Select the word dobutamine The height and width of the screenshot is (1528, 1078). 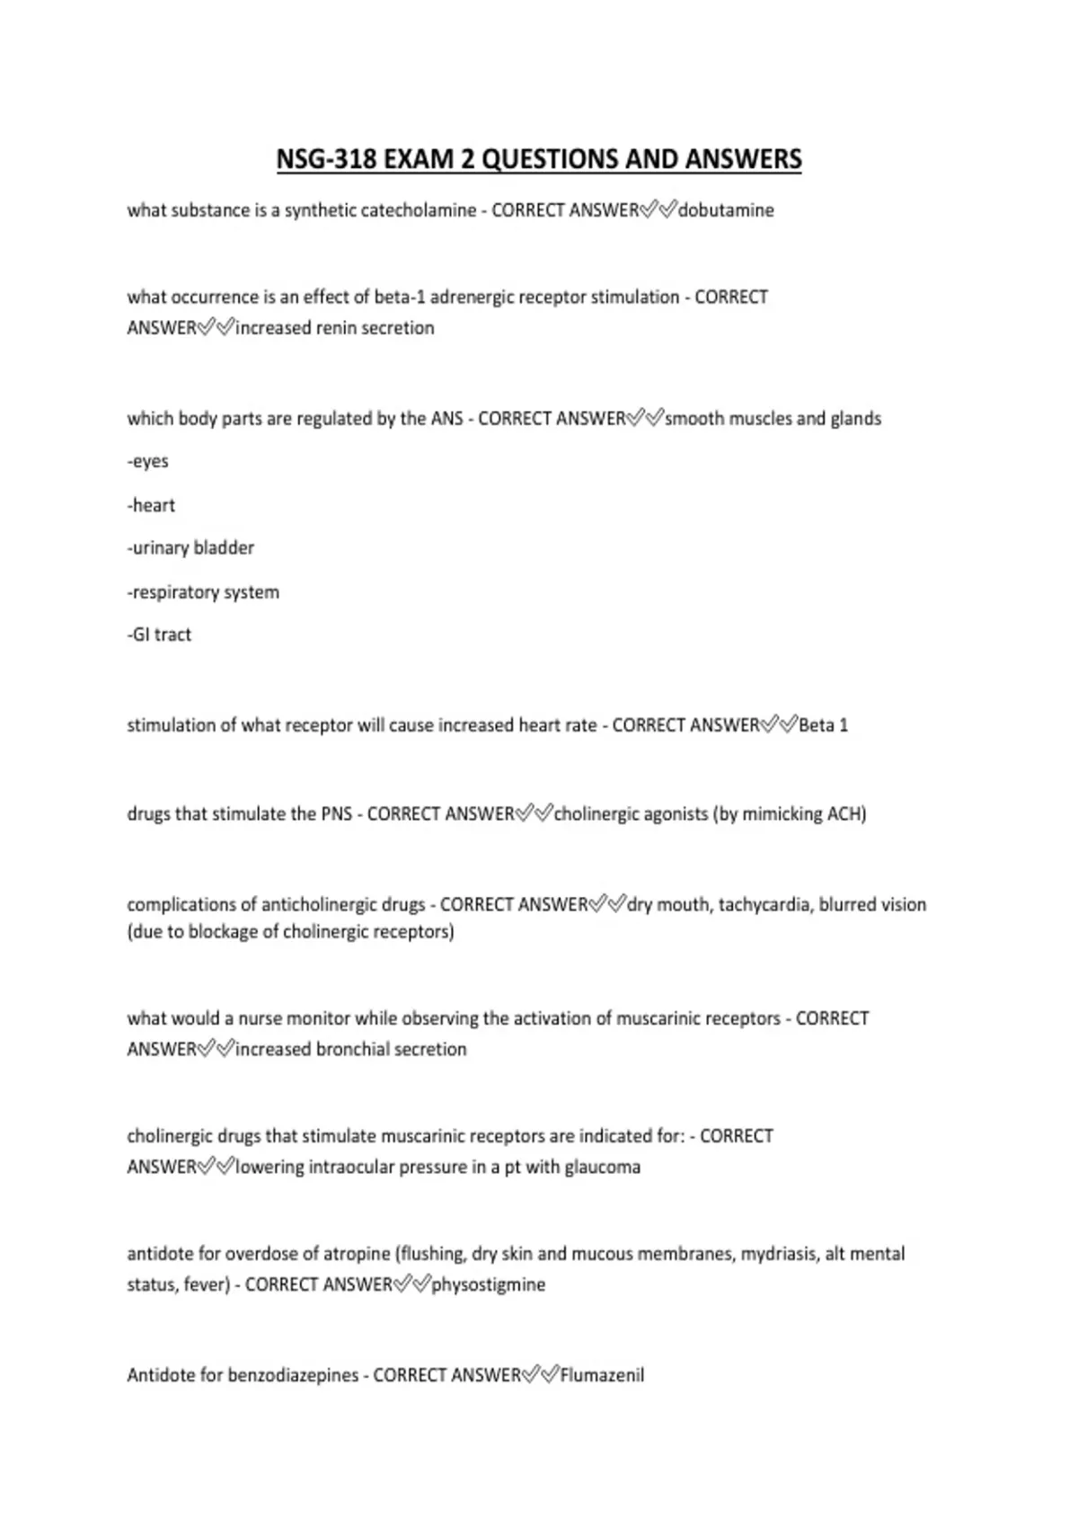(726, 210)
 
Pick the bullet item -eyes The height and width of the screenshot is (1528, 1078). (148, 461)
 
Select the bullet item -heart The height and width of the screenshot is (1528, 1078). (151, 505)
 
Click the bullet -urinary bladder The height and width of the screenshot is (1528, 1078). (190, 548)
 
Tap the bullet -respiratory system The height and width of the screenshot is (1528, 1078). (203, 592)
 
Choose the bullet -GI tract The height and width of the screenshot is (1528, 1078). (159, 635)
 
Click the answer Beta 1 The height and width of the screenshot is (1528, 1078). (823, 725)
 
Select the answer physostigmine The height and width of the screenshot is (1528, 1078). (489, 1285)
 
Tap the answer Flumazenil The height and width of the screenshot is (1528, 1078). (602, 1375)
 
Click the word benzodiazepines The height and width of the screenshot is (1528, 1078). (293, 1375)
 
